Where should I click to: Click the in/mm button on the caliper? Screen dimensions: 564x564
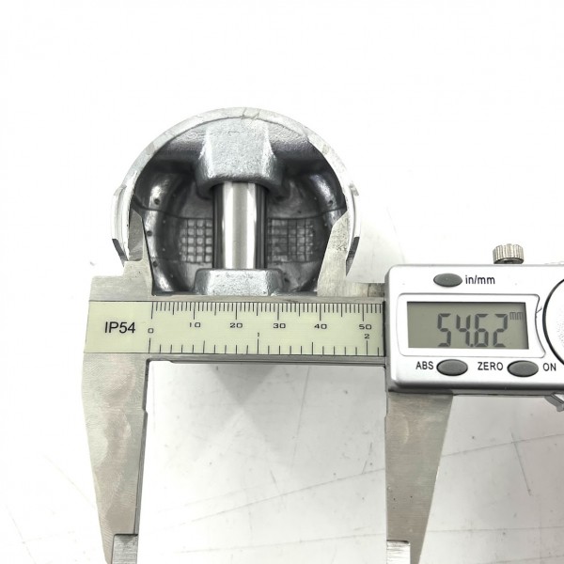click(x=447, y=280)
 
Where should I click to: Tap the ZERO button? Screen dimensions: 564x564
click(x=523, y=368)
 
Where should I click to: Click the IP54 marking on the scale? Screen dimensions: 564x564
click(x=120, y=328)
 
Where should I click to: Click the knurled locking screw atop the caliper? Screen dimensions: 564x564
click(x=509, y=253)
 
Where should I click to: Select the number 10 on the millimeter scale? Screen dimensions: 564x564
click(x=195, y=325)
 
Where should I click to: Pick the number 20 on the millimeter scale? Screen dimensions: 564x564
click(x=236, y=325)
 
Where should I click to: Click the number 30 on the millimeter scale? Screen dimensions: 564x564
click(x=279, y=326)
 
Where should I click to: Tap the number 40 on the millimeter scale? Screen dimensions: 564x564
click(x=321, y=326)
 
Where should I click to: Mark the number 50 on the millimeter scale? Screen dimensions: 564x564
click(x=365, y=326)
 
